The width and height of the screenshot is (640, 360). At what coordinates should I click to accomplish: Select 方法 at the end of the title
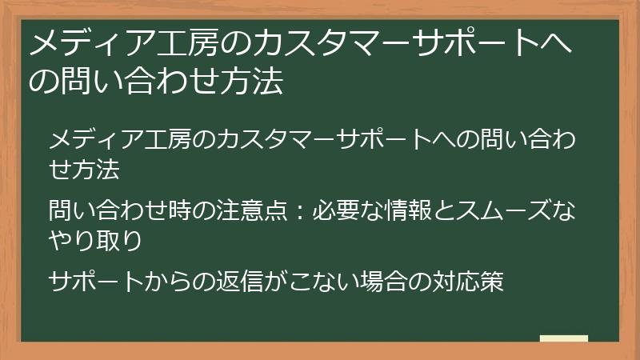tap(258, 82)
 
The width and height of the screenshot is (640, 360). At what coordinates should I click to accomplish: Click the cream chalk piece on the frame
tap(563, 339)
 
